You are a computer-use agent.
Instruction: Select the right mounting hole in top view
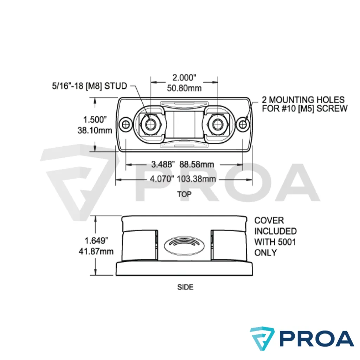pos(243,124)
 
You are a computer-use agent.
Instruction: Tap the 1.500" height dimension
pos(95,120)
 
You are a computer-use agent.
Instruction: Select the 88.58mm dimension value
pos(197,164)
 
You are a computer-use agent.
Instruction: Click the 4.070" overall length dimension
pos(162,179)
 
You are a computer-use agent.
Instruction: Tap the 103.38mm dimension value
pos(196,179)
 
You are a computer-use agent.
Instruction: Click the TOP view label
pos(185,194)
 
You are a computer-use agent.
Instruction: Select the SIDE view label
pos(185,287)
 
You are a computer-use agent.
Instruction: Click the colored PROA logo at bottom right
pos(302,338)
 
